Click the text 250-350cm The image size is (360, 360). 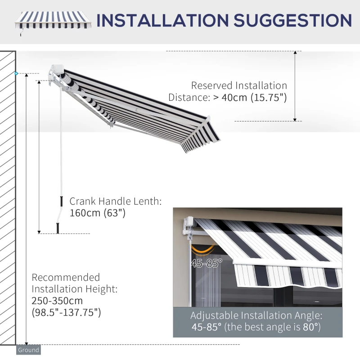(57, 300)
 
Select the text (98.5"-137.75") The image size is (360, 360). (66, 312)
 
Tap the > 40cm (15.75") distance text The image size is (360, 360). (249, 97)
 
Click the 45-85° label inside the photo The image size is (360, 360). (206, 264)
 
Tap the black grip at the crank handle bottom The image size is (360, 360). (58, 228)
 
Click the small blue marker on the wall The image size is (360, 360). (16, 73)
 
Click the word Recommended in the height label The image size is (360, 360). (66, 277)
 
